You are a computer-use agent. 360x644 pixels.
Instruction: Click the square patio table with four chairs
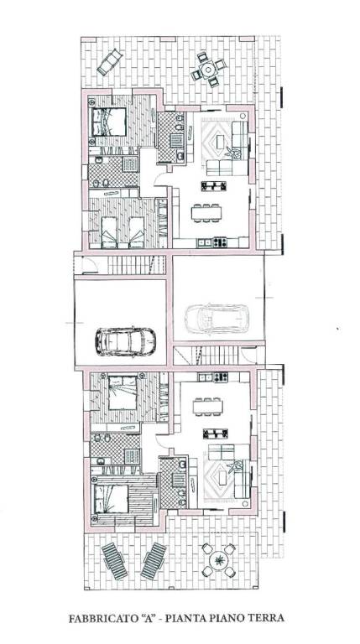pos(208,69)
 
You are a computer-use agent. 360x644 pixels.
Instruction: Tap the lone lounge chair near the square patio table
pos(110,62)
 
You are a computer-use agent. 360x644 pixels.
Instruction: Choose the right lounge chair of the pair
pos(154,561)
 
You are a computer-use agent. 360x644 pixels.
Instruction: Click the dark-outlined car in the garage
pos(125,341)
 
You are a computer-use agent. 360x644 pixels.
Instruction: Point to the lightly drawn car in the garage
pos(217,319)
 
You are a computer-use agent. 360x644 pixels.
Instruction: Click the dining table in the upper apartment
pos(206,213)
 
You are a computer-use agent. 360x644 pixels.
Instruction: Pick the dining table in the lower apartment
pos(208,407)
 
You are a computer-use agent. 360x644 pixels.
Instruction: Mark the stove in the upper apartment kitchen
pos(220,242)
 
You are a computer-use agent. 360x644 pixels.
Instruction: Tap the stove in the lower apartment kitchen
pos(220,377)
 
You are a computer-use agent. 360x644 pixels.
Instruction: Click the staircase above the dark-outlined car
pos(136,265)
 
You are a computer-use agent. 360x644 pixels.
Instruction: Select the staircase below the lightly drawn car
pos(215,356)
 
